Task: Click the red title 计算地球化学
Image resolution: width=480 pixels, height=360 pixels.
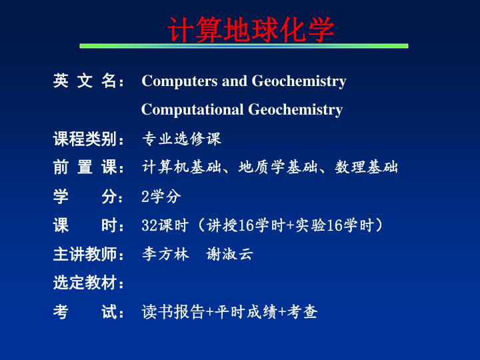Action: [x=251, y=30]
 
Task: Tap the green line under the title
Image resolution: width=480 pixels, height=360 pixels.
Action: [x=244, y=46]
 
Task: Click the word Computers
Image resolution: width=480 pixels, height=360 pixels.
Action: [x=180, y=81]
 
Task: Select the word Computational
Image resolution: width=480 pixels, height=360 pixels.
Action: [x=192, y=109]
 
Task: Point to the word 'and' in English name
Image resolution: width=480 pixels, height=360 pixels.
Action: [x=235, y=81]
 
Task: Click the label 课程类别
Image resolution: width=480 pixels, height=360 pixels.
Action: [x=85, y=139]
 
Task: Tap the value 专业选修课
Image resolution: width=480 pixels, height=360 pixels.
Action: [x=181, y=139]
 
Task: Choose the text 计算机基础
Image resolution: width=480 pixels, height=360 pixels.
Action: [x=181, y=167]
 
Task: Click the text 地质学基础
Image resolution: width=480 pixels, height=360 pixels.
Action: [x=277, y=167]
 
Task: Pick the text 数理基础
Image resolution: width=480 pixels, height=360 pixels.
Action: [x=366, y=167]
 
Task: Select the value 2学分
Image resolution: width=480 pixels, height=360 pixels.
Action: [x=161, y=196]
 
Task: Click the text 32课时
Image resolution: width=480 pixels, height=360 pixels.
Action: [x=165, y=225]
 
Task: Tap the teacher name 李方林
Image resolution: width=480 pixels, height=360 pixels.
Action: [x=165, y=254]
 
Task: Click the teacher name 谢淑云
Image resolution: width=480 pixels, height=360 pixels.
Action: [x=229, y=254]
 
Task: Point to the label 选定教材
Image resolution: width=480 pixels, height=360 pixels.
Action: [x=85, y=283]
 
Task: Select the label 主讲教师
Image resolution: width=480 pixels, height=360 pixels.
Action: [x=85, y=254]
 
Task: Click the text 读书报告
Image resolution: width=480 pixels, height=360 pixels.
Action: [x=173, y=312]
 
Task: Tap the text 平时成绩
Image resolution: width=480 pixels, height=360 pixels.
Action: [x=246, y=312]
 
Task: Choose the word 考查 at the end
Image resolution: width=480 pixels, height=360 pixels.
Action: [x=302, y=312]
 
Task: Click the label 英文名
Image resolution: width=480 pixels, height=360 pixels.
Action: [x=85, y=81]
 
